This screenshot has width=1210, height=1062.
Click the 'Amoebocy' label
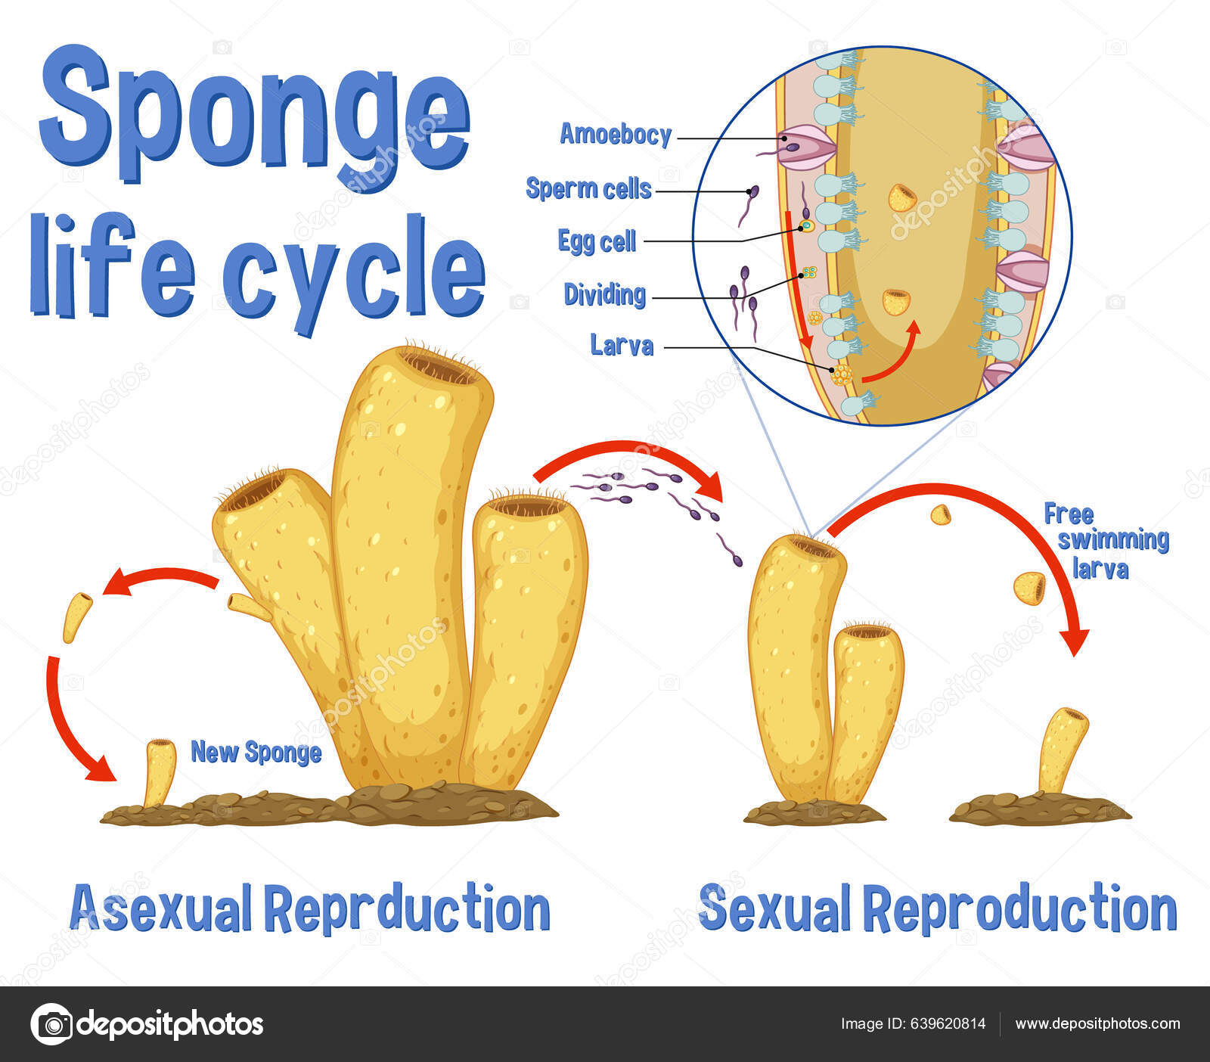[x=616, y=135]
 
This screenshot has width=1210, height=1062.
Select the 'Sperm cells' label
[x=588, y=188]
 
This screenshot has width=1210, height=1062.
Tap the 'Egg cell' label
[x=597, y=241]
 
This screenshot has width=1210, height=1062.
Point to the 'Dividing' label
[x=604, y=294]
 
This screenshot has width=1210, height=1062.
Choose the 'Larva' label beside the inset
[x=622, y=346]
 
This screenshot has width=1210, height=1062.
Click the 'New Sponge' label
[x=256, y=752]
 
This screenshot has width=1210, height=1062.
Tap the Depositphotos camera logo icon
[x=51, y=1025]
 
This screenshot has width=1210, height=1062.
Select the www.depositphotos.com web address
[x=1097, y=1024]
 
